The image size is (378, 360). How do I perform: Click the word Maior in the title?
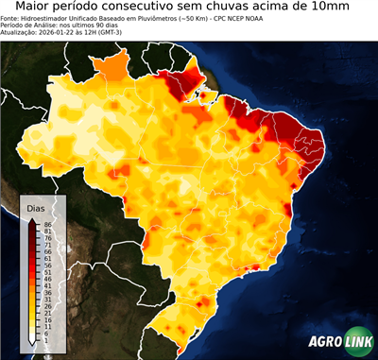coord(26,8)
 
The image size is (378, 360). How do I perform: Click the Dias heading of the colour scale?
coord(36,208)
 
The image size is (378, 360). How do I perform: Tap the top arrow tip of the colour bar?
coord(32,220)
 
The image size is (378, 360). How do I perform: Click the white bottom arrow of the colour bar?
coord(32,343)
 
